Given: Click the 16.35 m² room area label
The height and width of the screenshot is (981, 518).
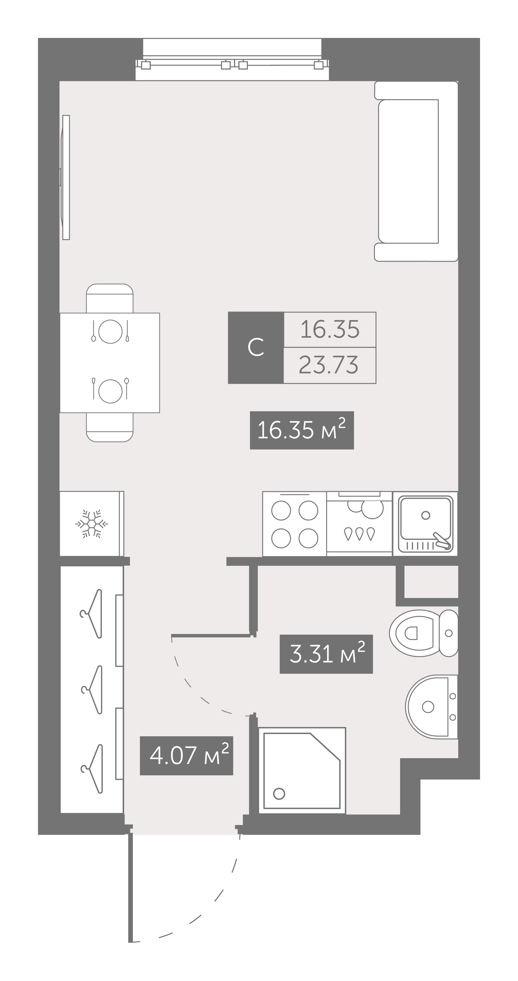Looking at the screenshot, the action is pos(302,430).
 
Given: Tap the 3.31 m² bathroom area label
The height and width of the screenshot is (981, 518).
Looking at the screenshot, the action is pos(326,654).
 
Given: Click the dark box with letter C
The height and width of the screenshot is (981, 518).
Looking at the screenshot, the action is pos(256,348).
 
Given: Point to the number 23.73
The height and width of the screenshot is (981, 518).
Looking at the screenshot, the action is pos(329,365).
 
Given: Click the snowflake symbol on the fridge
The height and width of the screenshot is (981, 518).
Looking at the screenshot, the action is pos(92,524).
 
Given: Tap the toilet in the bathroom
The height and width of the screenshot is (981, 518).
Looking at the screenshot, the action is pos(423,633).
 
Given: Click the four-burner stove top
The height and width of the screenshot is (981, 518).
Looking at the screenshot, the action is pos(294,524).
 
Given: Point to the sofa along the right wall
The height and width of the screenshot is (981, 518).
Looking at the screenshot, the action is pos(416,171).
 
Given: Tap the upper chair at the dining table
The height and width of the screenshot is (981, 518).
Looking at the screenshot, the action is pos(110,298).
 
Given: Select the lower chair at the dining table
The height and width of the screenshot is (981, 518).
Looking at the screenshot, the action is pos(110,427).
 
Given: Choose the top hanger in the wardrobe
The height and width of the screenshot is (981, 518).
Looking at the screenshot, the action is pos(92,613).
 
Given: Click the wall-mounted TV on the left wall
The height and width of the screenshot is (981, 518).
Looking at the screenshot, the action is pos(65,177).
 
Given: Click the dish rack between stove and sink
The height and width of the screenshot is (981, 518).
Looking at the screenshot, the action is pos(360,524).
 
